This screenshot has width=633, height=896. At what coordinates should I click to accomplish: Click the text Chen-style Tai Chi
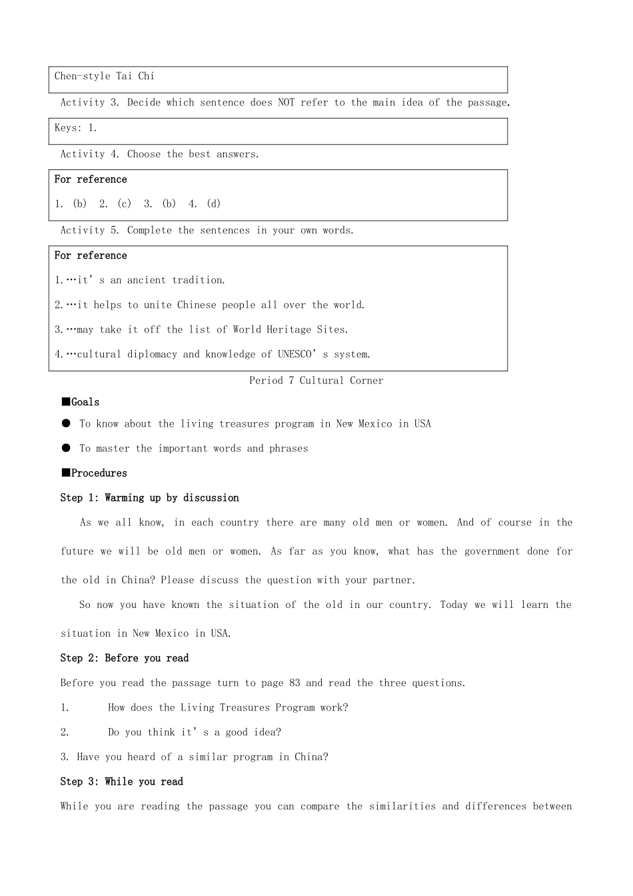point(104,76)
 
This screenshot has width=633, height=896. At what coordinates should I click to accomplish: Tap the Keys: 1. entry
point(75,128)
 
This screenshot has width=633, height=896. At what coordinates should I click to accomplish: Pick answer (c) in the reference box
point(124,204)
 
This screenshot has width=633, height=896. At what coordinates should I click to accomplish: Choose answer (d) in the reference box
point(213,204)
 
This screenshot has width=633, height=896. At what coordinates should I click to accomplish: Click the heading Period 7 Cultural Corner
point(316,381)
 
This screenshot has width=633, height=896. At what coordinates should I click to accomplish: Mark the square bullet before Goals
point(65,401)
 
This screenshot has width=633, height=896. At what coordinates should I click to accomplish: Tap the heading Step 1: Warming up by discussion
point(149,498)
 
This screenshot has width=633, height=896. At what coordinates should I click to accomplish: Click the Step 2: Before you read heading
point(124,658)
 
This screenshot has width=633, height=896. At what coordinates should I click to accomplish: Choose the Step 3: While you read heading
point(121,781)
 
